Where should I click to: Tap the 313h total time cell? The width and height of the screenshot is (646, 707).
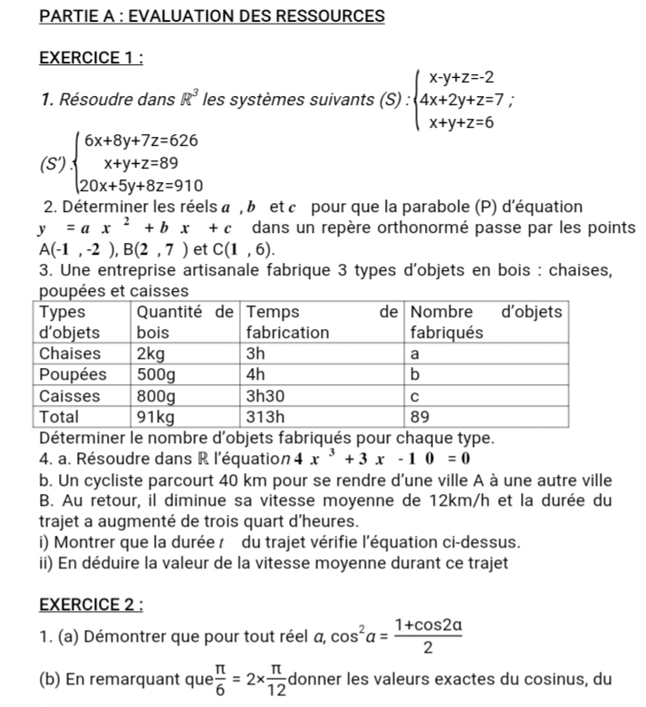pos(265,418)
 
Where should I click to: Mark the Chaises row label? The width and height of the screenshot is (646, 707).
pos(72,353)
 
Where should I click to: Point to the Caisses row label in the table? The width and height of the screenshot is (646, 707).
pos(72,396)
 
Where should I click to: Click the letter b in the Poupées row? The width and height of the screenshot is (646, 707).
pos(416,374)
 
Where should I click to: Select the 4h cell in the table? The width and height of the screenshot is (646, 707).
pos(256,374)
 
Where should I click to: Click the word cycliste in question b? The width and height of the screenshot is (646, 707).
pos(110,479)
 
